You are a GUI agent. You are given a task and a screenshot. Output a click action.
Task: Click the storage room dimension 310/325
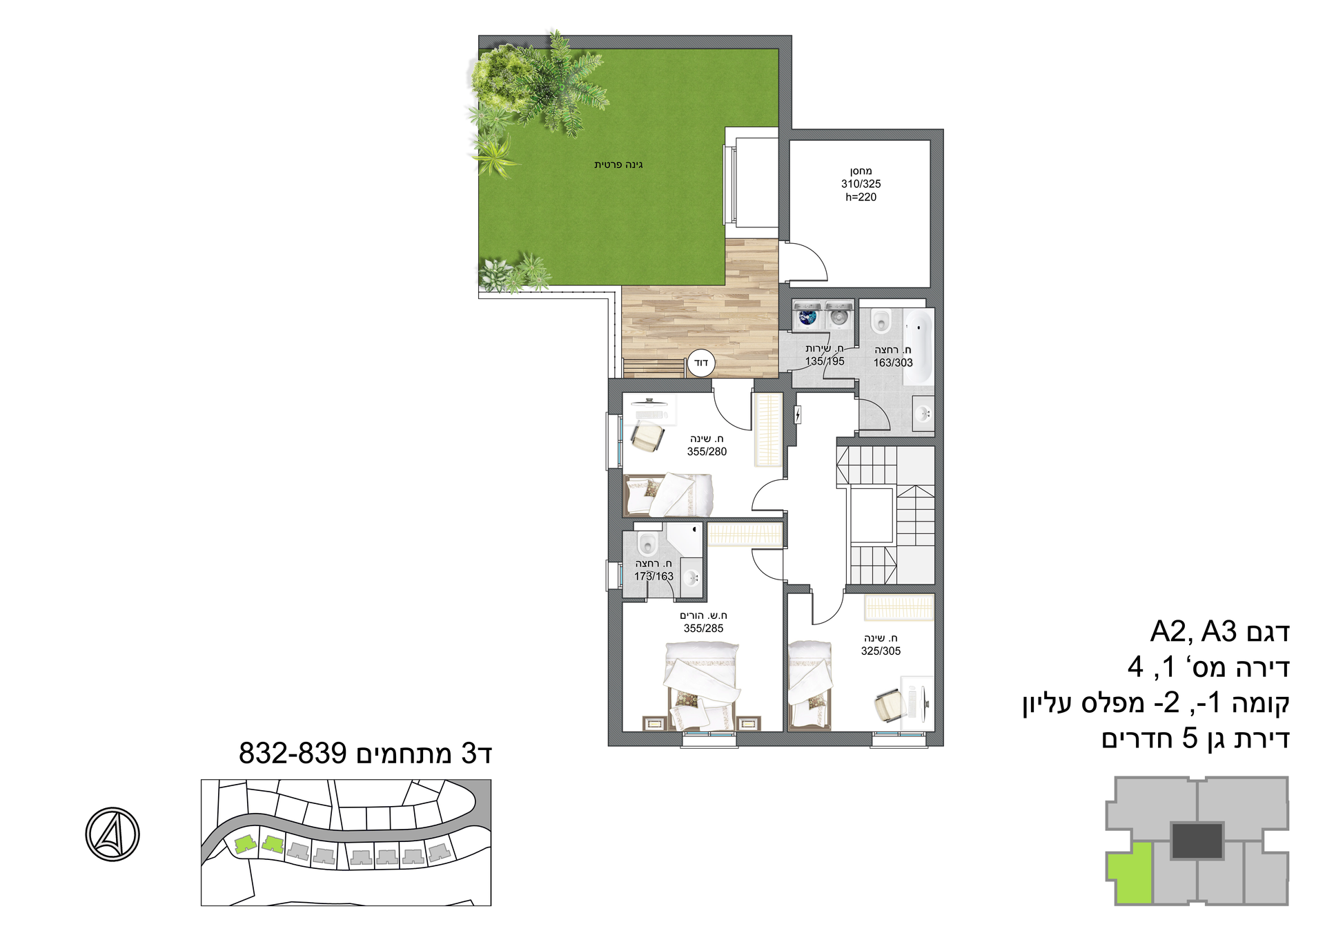click(x=861, y=184)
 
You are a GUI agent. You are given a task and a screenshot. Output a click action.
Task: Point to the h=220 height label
click(x=861, y=197)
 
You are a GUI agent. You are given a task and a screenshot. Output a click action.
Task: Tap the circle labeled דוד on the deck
click(x=701, y=363)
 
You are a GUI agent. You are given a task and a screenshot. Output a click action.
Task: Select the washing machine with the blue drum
click(x=807, y=316)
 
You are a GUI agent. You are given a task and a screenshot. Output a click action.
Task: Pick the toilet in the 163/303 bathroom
click(x=881, y=320)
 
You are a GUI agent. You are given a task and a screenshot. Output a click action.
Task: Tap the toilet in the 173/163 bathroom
click(x=647, y=542)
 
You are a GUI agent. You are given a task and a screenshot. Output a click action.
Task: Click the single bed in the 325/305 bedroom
click(x=810, y=684)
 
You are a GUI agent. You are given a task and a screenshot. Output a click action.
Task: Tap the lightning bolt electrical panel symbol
click(x=798, y=414)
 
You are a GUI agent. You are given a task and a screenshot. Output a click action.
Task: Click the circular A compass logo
click(x=112, y=834)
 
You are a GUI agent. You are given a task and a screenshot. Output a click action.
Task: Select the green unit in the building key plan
click(x=1130, y=873)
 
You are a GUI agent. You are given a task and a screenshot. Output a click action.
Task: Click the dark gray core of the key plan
click(x=1197, y=841)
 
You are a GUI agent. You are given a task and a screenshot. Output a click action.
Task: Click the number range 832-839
click(x=293, y=753)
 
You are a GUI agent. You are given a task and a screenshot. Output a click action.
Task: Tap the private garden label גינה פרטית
click(x=618, y=164)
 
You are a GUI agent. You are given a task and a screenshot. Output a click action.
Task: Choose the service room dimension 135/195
click(x=825, y=361)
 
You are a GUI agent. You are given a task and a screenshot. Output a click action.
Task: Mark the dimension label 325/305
click(x=881, y=651)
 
